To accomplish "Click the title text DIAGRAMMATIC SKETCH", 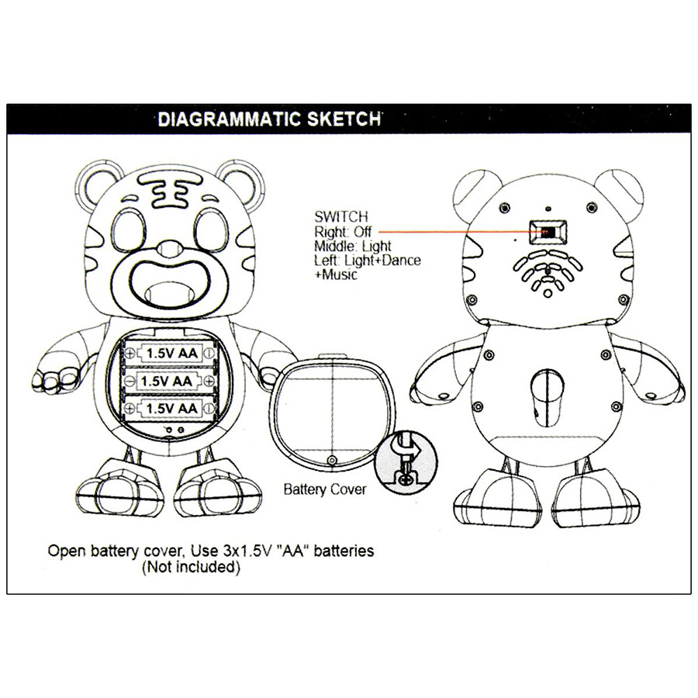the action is click(269, 119).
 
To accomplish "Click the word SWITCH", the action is click(341, 217).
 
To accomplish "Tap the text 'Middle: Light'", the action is click(352, 246).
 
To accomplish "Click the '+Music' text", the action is click(336, 275).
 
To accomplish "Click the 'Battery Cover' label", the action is click(324, 489).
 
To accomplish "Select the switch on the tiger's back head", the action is click(547, 232).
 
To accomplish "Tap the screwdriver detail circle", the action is click(406, 461).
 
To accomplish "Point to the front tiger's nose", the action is click(170, 249).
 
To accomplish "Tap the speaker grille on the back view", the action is click(547, 272).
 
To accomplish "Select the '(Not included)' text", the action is click(191, 567).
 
